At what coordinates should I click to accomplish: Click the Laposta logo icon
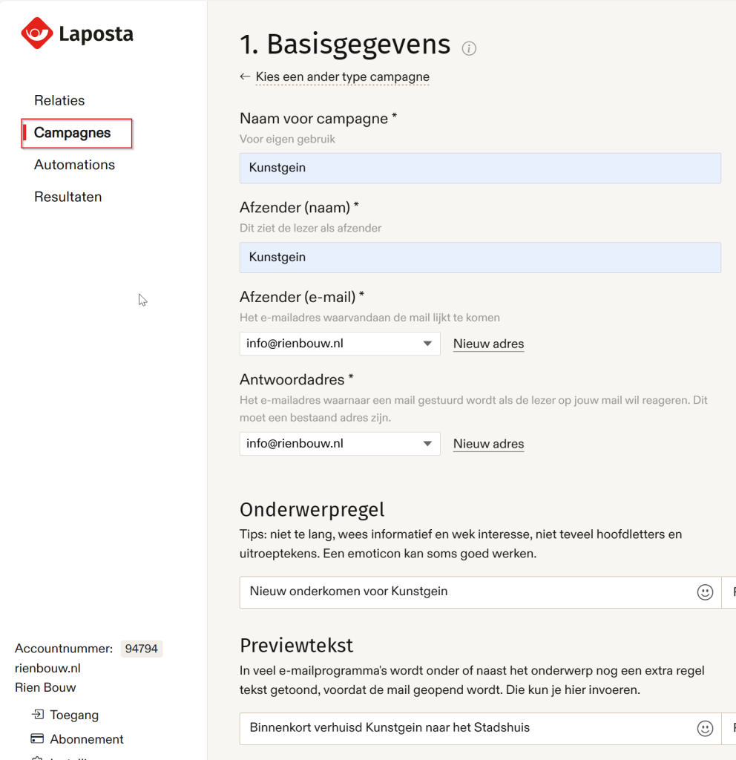pyautogui.click(x=36, y=33)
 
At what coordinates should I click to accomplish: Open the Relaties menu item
pyautogui.click(x=59, y=100)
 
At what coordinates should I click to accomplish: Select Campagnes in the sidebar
pyautogui.click(x=72, y=133)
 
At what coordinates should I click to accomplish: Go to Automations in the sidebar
pyautogui.click(x=74, y=165)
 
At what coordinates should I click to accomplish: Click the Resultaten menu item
pyautogui.click(x=68, y=197)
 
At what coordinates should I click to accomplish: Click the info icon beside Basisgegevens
pyautogui.click(x=469, y=48)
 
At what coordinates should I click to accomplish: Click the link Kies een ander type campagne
pyautogui.click(x=342, y=76)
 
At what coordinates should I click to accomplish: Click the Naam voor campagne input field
pyautogui.click(x=479, y=168)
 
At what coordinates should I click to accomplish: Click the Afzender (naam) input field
pyautogui.click(x=479, y=258)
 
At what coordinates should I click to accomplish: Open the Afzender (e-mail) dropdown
pyautogui.click(x=340, y=344)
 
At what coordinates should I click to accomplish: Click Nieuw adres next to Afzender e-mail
pyautogui.click(x=488, y=344)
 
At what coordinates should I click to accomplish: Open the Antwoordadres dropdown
pyautogui.click(x=340, y=444)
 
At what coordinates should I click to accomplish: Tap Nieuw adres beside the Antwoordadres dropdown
pyautogui.click(x=488, y=444)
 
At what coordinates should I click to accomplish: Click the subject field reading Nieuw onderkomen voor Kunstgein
pyautogui.click(x=466, y=592)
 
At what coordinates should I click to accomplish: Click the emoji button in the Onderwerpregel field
pyautogui.click(x=705, y=592)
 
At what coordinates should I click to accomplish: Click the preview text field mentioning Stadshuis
pyautogui.click(x=466, y=728)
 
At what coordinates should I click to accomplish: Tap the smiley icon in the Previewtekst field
pyautogui.click(x=705, y=728)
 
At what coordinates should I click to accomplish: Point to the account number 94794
pyautogui.click(x=141, y=649)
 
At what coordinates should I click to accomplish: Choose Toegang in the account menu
pyautogui.click(x=73, y=715)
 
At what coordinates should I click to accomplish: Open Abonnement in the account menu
pyautogui.click(x=86, y=739)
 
